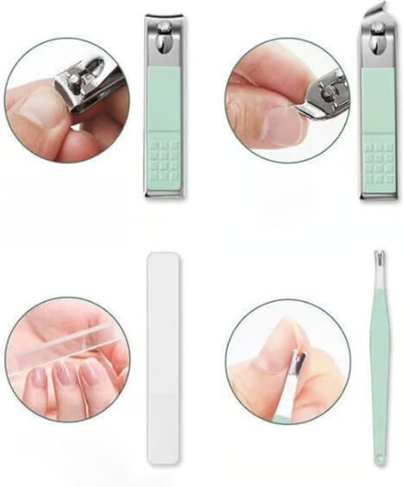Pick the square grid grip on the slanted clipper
[378, 162]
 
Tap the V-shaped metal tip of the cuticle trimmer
[376, 260]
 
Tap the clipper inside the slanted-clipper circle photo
[327, 95]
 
